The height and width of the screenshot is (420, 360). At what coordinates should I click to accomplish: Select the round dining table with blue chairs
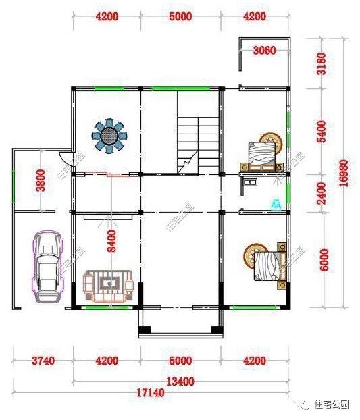coord(109,135)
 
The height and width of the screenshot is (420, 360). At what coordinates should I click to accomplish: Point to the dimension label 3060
coord(264,51)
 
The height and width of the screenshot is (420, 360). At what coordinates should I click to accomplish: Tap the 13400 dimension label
coord(180,382)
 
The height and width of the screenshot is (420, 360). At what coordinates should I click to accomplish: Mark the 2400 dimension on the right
coord(322,192)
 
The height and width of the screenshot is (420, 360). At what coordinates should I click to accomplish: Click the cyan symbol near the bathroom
coord(276,203)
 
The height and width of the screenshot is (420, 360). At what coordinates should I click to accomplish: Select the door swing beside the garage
coord(64,161)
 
